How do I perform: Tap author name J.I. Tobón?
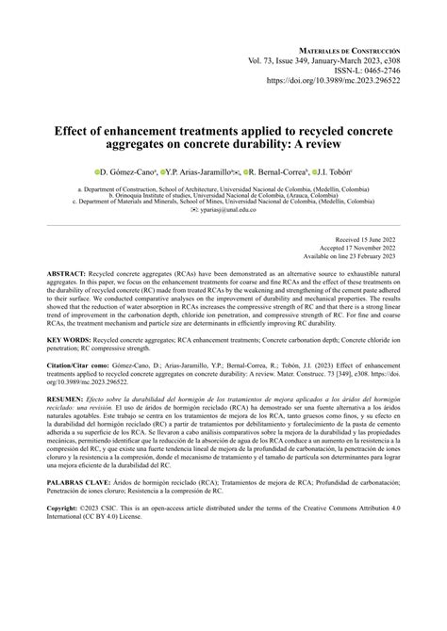click(x=338, y=174)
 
